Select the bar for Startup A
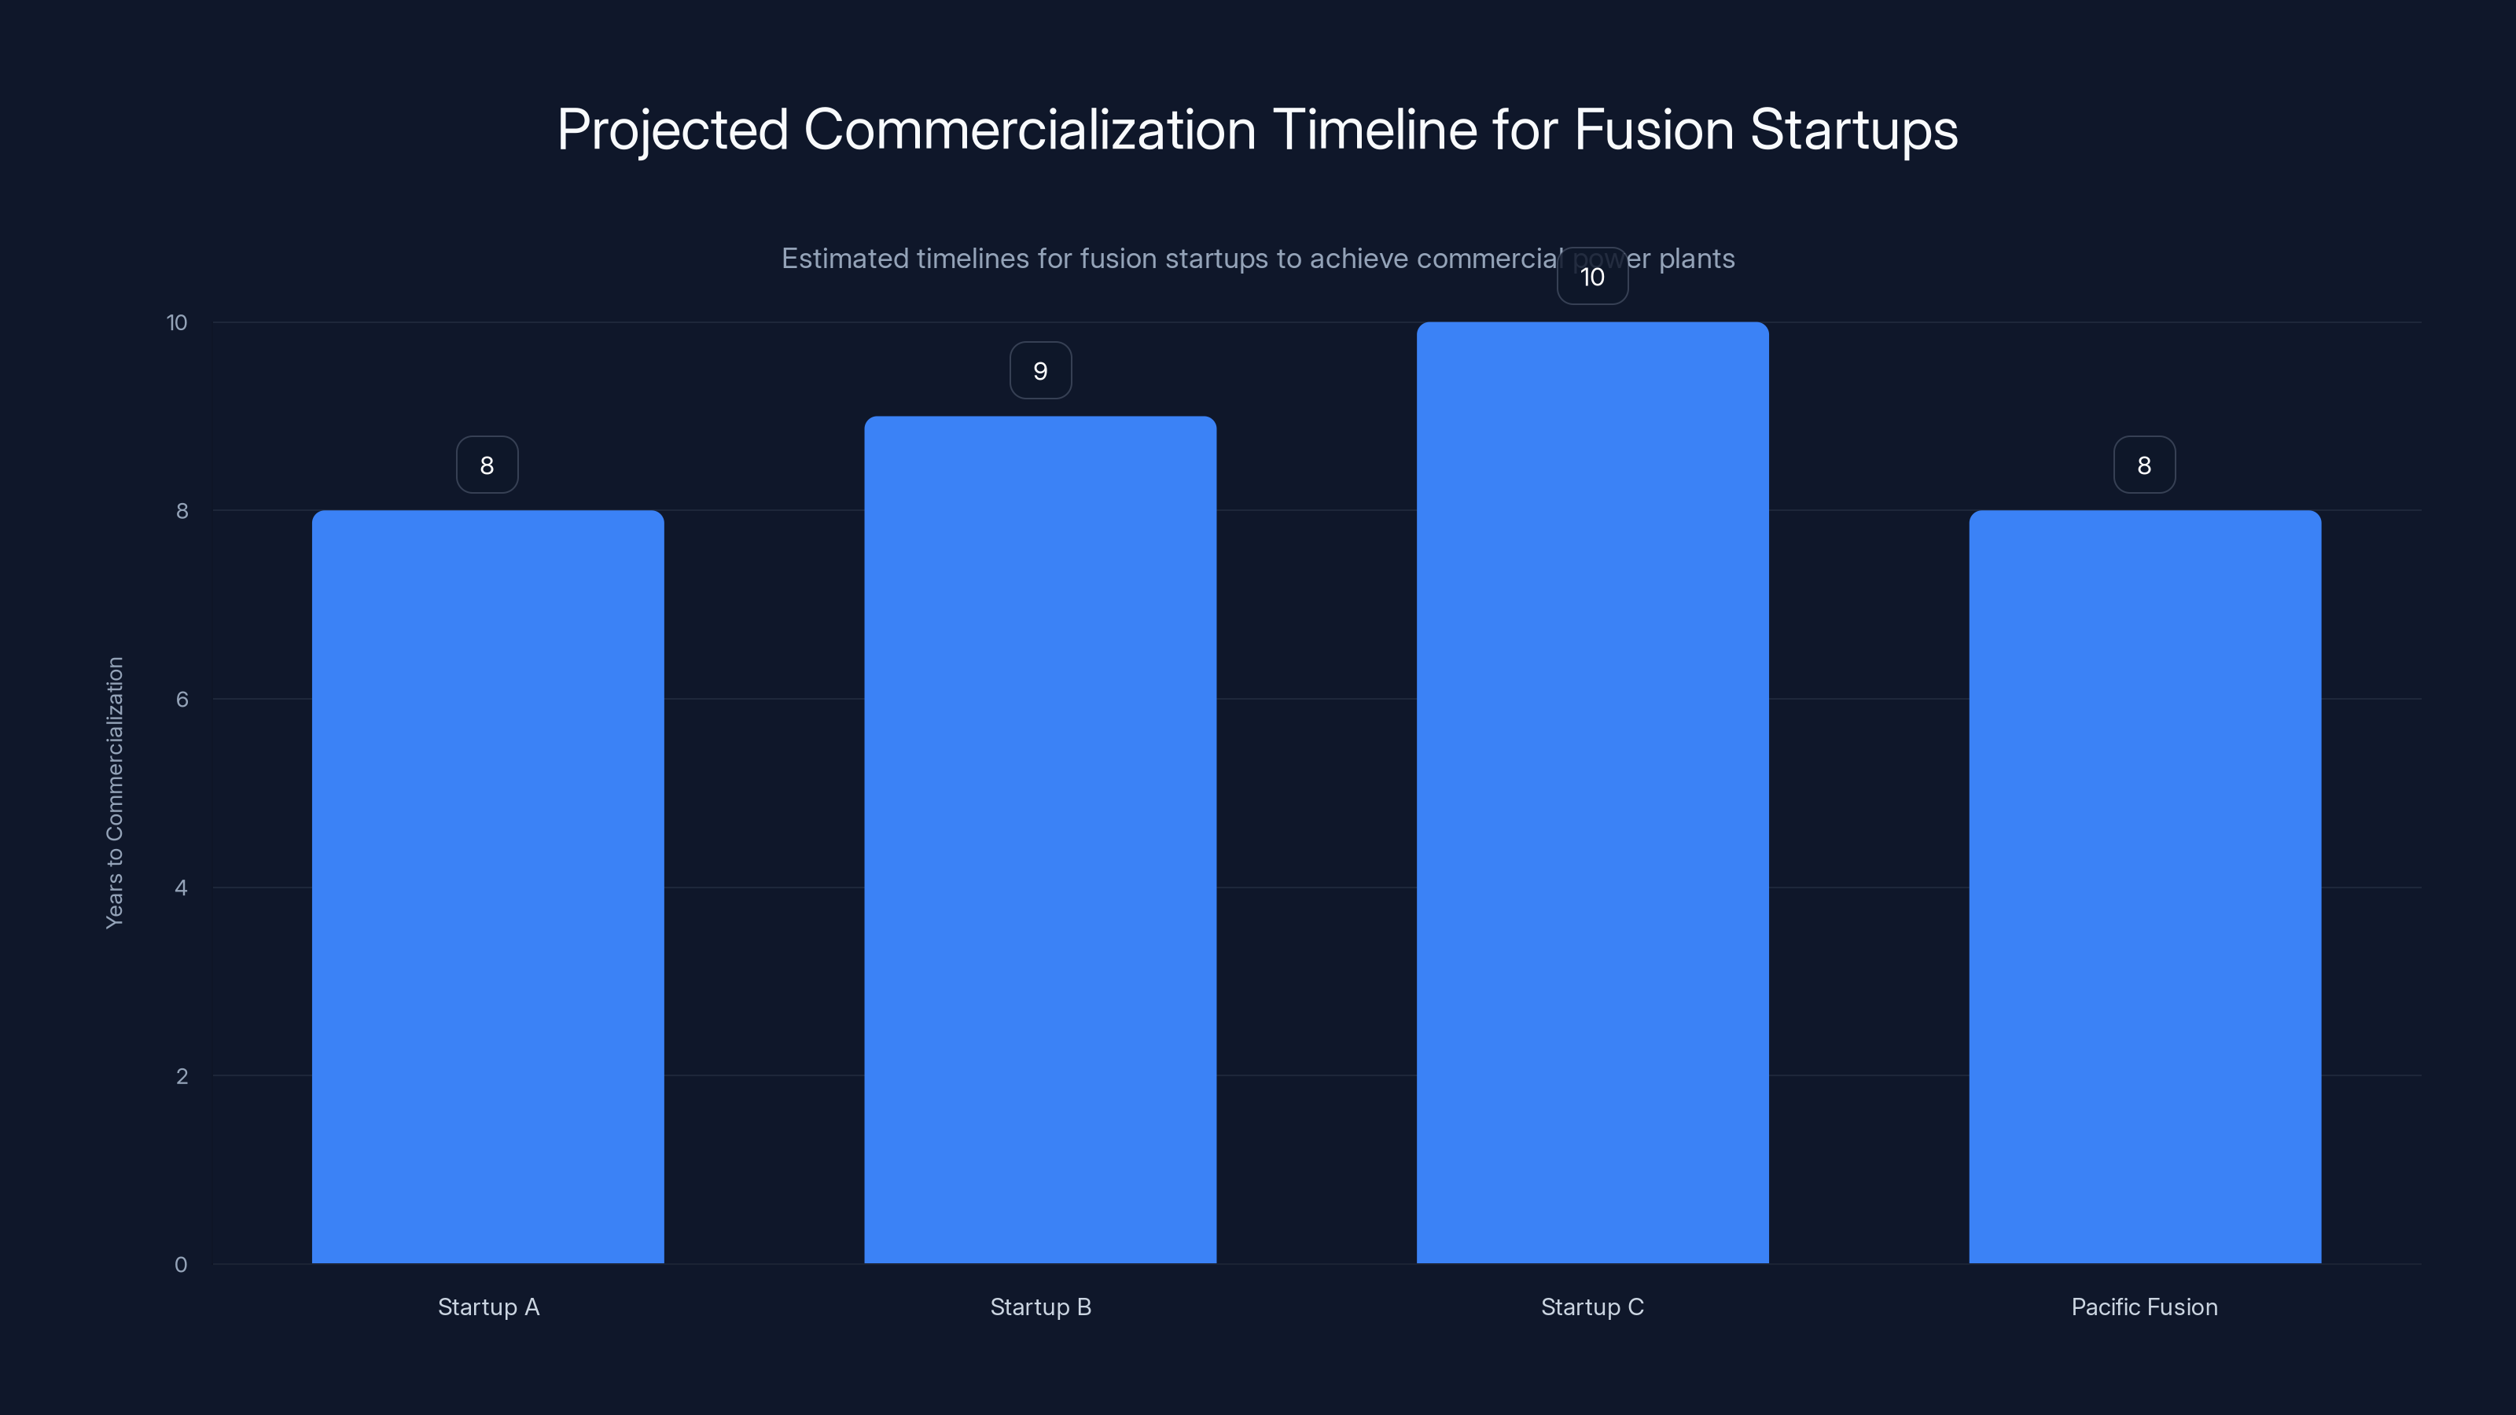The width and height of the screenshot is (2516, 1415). click(487, 887)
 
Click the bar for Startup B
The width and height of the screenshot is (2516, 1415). click(1040, 840)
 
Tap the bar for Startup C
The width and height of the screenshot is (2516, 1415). click(1592, 793)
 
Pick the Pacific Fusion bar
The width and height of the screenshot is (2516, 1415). click(2144, 887)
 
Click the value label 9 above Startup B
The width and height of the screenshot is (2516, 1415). click(1040, 371)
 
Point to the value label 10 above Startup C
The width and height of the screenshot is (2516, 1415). click(1592, 277)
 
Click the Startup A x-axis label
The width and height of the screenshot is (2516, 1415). click(488, 1307)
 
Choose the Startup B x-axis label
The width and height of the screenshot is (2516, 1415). click(1040, 1307)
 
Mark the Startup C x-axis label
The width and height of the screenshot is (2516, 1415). click(1592, 1307)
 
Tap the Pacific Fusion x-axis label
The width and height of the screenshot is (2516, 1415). click(2144, 1307)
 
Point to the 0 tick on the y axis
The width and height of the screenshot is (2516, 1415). click(181, 1265)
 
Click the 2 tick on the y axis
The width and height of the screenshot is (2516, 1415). click(182, 1076)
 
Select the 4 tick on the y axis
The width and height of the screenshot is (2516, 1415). click(181, 888)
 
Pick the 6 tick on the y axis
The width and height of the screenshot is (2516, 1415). click(182, 699)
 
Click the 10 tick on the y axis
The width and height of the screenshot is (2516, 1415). click(177, 322)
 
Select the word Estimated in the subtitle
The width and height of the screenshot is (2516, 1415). click(844, 259)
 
